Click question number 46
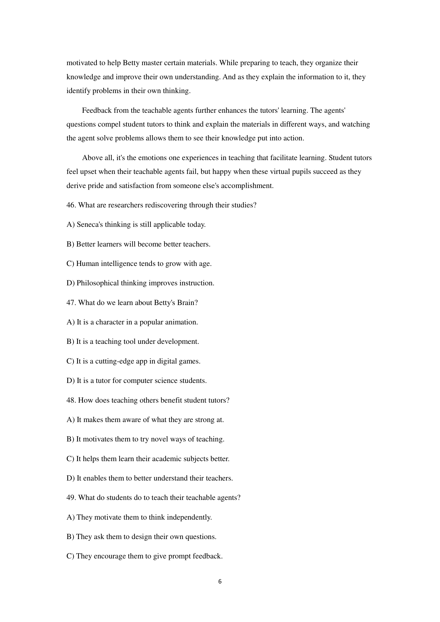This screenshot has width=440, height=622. pyautogui.click(x=71, y=205)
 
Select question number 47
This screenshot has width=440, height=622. pyautogui.click(x=71, y=303)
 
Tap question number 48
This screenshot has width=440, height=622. pyautogui.click(x=71, y=400)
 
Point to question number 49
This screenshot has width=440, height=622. pyautogui.click(x=71, y=498)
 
